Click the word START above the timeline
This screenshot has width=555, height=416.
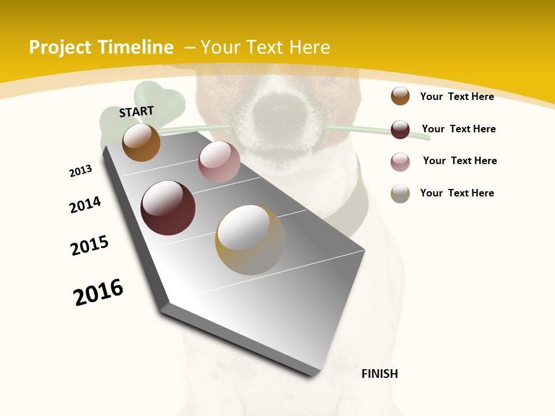(x=136, y=112)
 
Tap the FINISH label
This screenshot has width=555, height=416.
(x=380, y=374)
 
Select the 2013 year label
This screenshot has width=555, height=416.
(x=80, y=171)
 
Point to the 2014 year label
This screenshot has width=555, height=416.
(x=85, y=205)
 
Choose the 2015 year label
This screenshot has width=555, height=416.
(x=90, y=246)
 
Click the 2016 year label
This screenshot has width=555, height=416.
(x=98, y=292)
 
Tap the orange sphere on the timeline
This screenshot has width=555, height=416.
(x=141, y=142)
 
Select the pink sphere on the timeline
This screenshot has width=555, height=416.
(x=219, y=162)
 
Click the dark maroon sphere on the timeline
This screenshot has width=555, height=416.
(x=168, y=208)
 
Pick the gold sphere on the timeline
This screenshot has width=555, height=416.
(x=250, y=240)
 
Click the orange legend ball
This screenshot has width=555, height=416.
(x=400, y=96)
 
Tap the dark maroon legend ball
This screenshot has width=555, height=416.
(x=400, y=129)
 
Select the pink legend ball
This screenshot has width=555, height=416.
(x=400, y=162)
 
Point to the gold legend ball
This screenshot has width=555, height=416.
(x=400, y=194)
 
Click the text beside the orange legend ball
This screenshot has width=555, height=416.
(x=457, y=96)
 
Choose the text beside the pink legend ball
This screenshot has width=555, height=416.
(x=460, y=161)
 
